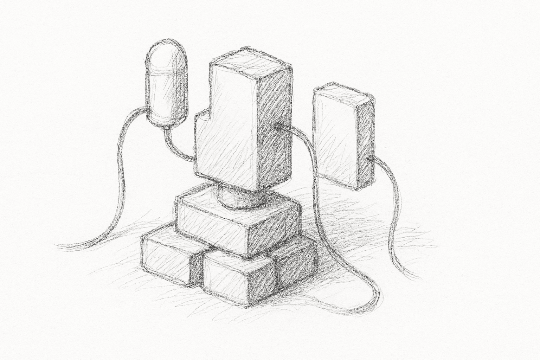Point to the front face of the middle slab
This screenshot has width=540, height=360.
tap(211, 225)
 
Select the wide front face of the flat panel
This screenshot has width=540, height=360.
tap(334, 137)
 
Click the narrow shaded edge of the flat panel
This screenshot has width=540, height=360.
tap(365, 144)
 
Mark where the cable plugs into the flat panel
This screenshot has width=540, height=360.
tap(370, 160)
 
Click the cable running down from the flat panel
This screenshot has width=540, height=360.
tap(396, 218)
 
